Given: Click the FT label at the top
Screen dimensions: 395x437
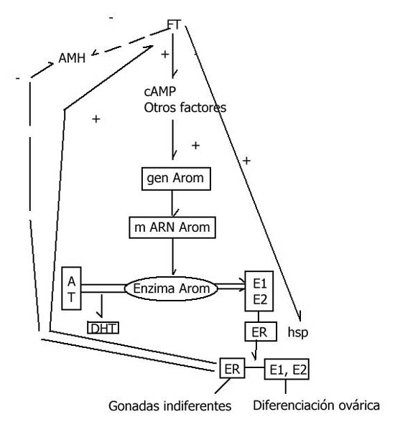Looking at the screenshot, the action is pyautogui.click(x=174, y=24).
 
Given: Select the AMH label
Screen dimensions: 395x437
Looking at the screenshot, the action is pyautogui.click(x=72, y=58).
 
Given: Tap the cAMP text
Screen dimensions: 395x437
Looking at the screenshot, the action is pyautogui.click(x=160, y=91).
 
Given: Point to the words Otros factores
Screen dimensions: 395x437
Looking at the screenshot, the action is pyautogui.click(x=185, y=108).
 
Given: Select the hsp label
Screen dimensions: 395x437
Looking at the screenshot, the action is pyautogui.click(x=298, y=332).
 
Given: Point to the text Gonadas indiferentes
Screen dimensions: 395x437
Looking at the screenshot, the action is pyautogui.click(x=170, y=406).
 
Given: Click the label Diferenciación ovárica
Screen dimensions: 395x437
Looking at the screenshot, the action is pyautogui.click(x=316, y=405).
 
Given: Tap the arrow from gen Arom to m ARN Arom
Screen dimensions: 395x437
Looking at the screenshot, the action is pyautogui.click(x=172, y=204).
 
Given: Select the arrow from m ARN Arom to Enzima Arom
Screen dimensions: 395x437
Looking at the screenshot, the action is pyautogui.click(x=173, y=257).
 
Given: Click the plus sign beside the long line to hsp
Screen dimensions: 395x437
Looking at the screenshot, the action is pyautogui.click(x=246, y=161).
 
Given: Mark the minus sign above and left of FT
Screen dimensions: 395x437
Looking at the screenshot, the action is pyautogui.click(x=111, y=18).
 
